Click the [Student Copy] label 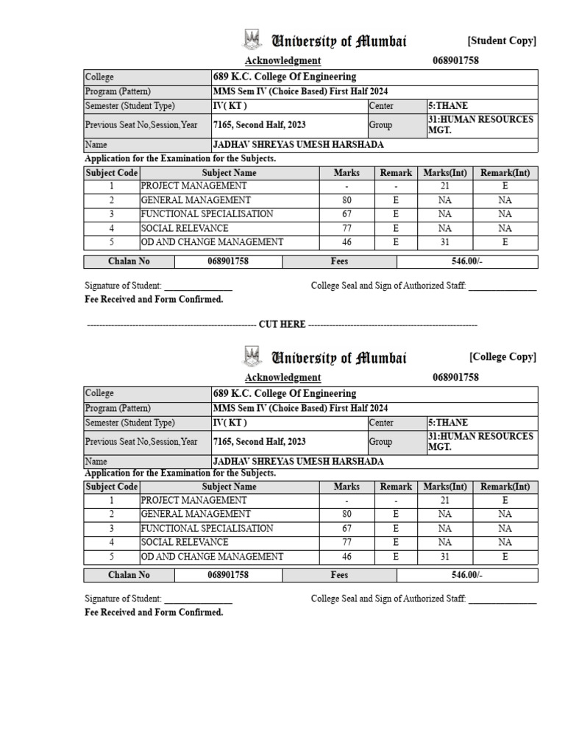(502, 41)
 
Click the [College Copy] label (502, 357)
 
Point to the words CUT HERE (282, 325)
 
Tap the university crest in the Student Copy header (252, 40)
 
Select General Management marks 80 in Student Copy (347, 200)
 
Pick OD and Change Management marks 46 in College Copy (347, 557)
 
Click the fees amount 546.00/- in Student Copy (466, 261)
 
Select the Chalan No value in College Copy (227, 575)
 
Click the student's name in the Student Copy (298, 145)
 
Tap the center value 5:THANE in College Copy (447, 423)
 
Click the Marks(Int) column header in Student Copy (444, 173)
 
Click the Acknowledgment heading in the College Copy (282, 377)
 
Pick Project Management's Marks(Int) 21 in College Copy (444, 501)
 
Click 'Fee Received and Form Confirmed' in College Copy (154, 613)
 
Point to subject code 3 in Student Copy (112, 214)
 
